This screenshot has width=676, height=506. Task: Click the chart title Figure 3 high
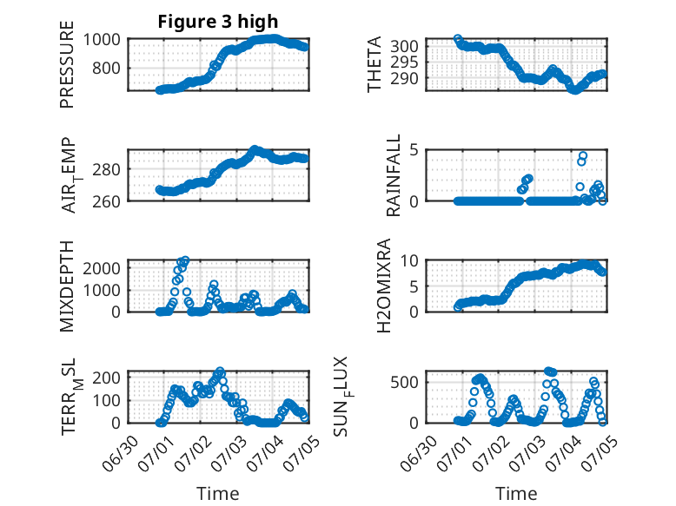pyautogui.click(x=218, y=22)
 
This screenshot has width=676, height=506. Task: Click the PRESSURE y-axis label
pyautogui.click(x=67, y=64)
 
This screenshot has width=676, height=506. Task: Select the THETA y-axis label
pyautogui.click(x=374, y=64)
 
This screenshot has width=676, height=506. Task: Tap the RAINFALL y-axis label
pyautogui.click(x=394, y=175)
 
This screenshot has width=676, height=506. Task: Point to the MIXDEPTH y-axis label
pyautogui.click(x=67, y=286)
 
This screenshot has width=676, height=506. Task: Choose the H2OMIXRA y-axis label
pyautogui.click(x=383, y=286)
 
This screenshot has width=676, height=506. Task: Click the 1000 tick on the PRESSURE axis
pyautogui.click(x=102, y=40)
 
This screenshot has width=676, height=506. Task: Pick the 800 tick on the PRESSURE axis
pyautogui.click(x=106, y=68)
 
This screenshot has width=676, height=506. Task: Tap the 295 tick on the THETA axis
pyautogui.click(x=404, y=62)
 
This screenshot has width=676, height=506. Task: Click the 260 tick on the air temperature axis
pyautogui.click(x=106, y=201)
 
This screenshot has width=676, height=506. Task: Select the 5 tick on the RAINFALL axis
pyautogui.click(x=414, y=150)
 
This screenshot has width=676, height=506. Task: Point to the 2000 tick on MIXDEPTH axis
pyautogui.click(x=102, y=268)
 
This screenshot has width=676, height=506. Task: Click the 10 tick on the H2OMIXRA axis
pyautogui.click(x=409, y=260)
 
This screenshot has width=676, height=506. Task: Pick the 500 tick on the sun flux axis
pyautogui.click(x=404, y=383)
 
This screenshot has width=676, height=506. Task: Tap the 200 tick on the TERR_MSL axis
pyautogui.click(x=106, y=378)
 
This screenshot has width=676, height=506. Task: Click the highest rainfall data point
pyautogui.click(x=583, y=155)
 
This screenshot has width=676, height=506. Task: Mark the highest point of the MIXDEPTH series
pyautogui.click(x=185, y=260)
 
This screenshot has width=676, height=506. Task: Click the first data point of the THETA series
pyautogui.click(x=458, y=38)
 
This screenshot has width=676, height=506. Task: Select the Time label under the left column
pyautogui.click(x=218, y=494)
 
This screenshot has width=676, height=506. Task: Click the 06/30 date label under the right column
pyautogui.click(x=419, y=453)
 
